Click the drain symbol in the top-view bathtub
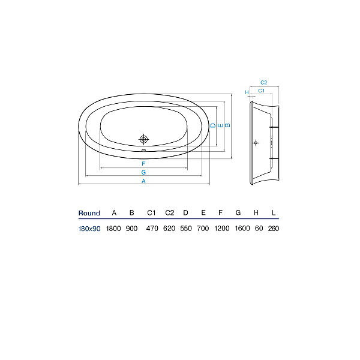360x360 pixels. (x=144, y=139)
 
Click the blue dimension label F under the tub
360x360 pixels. (x=143, y=164)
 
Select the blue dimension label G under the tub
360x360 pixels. (x=143, y=172)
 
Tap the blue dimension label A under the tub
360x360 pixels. (x=143, y=181)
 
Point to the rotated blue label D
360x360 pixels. (x=213, y=125)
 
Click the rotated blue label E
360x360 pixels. (x=220, y=125)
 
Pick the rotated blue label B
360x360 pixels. (x=227, y=125)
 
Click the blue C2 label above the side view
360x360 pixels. (x=264, y=82)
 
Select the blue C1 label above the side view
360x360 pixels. (x=262, y=91)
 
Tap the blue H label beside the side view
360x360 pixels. (x=247, y=92)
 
